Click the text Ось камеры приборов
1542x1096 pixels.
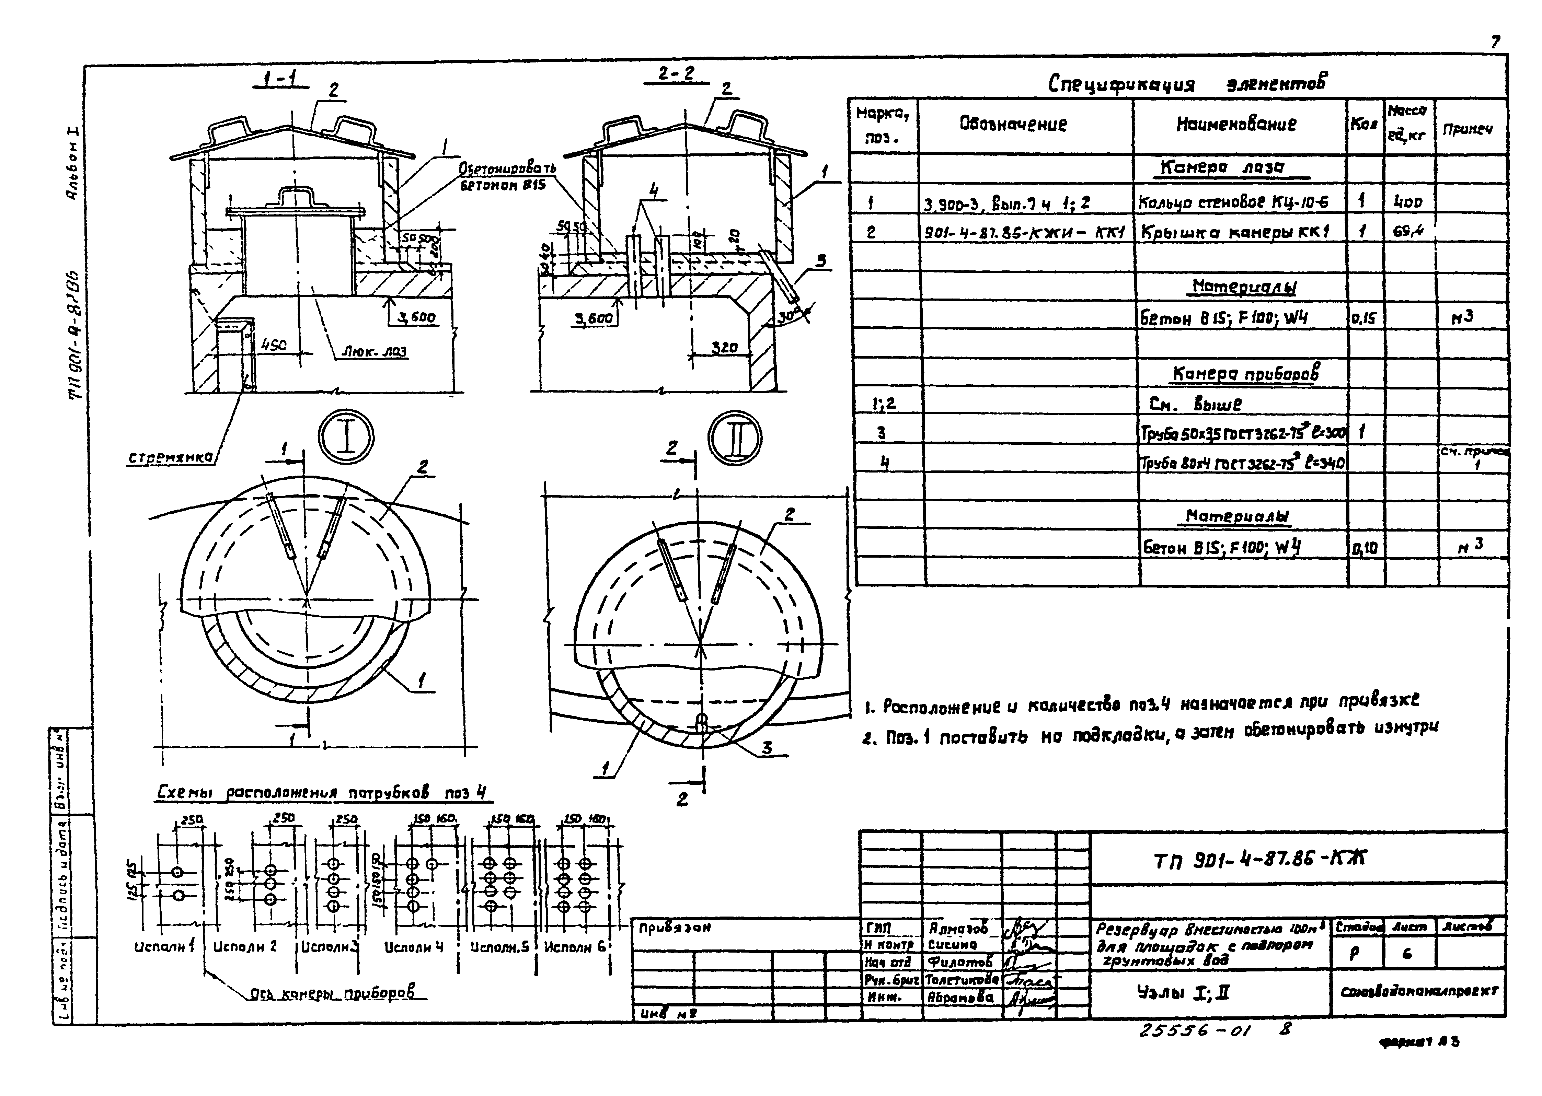(x=332, y=992)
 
